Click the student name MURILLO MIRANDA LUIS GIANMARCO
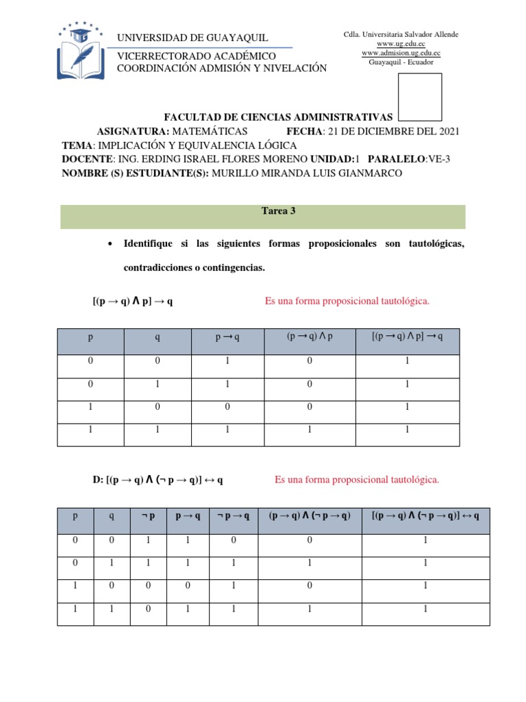point(309,173)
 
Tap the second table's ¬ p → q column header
point(232,516)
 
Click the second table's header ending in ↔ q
point(425,516)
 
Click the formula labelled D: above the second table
point(158,480)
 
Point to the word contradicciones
point(159,268)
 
